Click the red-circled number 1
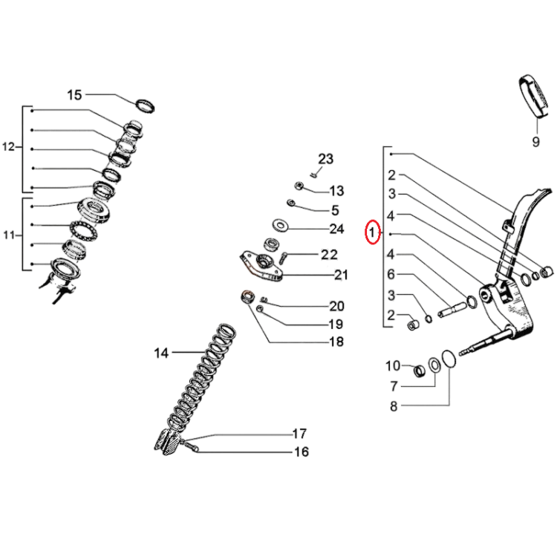click(372, 232)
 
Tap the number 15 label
click(74, 95)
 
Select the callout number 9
click(536, 142)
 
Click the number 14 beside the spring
click(161, 353)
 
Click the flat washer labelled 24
click(281, 225)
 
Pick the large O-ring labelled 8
click(449, 359)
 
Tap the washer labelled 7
click(434, 365)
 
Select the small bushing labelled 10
click(420, 371)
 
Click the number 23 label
click(325, 159)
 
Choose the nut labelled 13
click(299, 186)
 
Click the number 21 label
click(341, 275)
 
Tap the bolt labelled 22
click(283, 258)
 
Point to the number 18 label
click(336, 342)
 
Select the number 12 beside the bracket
click(8, 147)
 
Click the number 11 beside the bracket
click(9, 235)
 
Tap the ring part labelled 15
click(146, 106)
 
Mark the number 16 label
click(302, 452)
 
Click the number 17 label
click(299, 434)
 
